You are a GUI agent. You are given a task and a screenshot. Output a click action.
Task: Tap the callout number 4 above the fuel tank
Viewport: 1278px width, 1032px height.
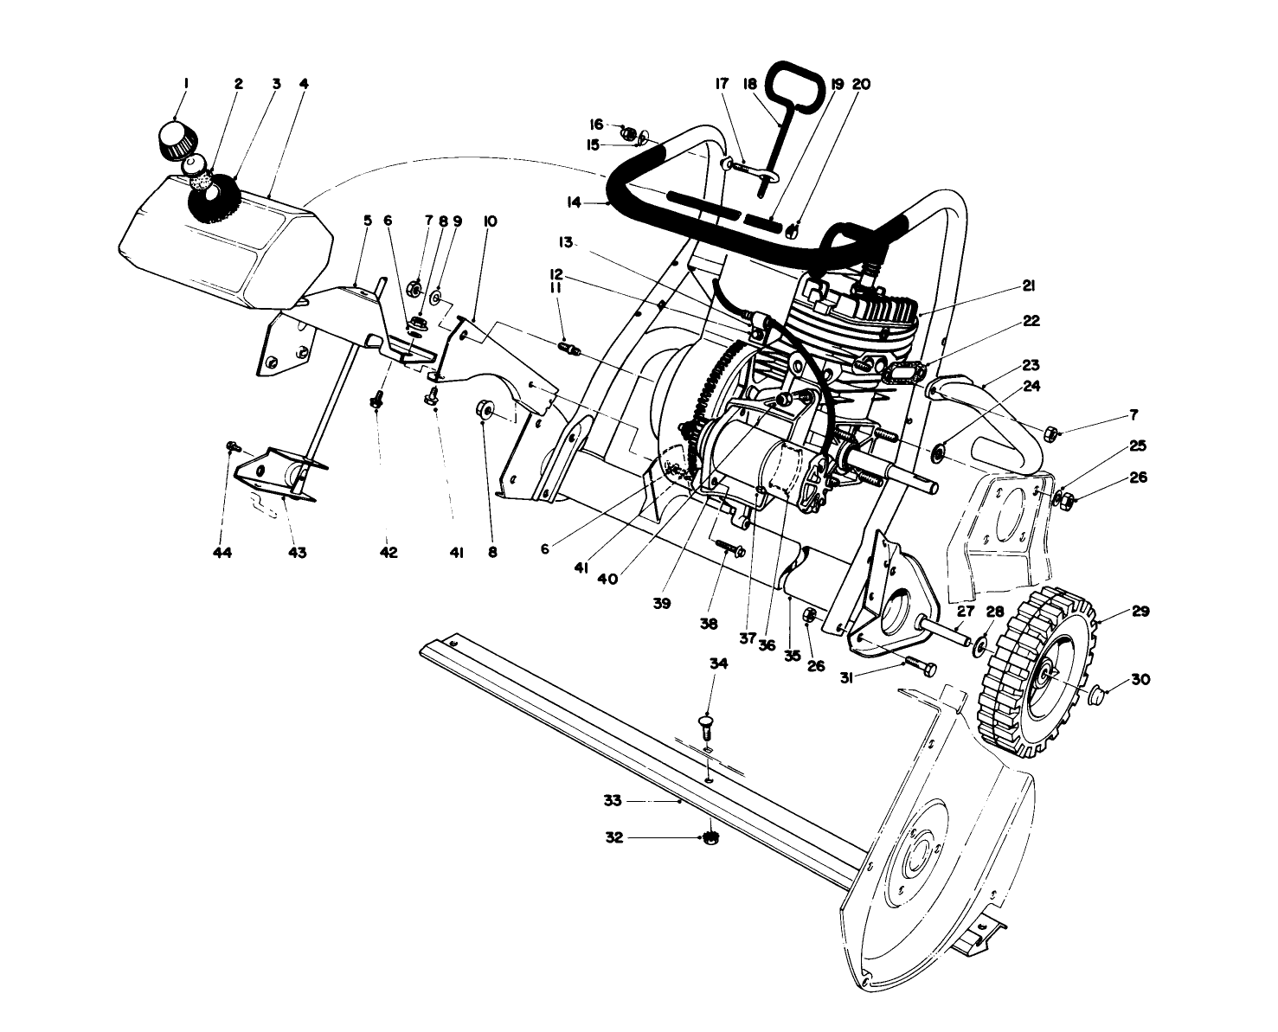pyautogui.click(x=304, y=85)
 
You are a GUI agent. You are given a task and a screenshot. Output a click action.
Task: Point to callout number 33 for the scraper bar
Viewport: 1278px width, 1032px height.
pyautogui.click(x=613, y=801)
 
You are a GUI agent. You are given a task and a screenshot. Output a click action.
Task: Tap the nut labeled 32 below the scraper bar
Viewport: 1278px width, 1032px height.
pyautogui.click(x=710, y=836)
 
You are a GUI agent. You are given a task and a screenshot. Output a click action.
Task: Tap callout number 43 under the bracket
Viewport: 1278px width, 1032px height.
pyautogui.click(x=297, y=552)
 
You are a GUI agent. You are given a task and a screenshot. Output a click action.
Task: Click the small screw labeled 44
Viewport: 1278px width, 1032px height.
pyautogui.click(x=231, y=445)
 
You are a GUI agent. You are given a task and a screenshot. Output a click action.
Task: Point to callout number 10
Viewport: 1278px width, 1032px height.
pyautogui.click(x=491, y=221)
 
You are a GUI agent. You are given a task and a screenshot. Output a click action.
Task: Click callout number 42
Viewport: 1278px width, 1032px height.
pyautogui.click(x=389, y=552)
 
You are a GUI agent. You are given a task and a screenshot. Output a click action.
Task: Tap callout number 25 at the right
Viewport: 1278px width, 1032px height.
pyautogui.click(x=1138, y=446)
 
